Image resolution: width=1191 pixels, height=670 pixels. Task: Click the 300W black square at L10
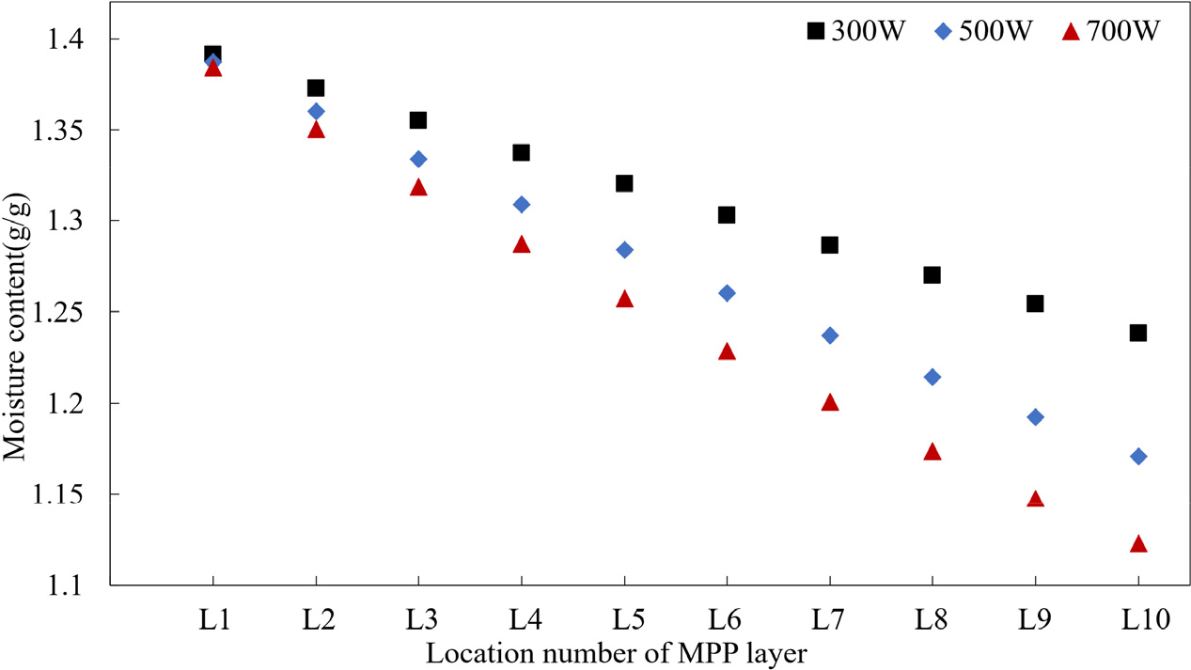point(1137,333)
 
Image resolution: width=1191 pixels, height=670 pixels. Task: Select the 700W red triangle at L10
point(1137,544)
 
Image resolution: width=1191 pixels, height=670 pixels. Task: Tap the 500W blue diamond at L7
point(829,335)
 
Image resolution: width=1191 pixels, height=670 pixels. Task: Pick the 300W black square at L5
point(624,183)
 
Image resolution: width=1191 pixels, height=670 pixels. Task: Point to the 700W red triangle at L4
point(522,245)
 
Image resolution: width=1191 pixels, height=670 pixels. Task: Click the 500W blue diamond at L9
point(1035,417)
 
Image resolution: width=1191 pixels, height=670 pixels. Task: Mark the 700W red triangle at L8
point(932,452)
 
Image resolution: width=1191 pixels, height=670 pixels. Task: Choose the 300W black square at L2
point(316,88)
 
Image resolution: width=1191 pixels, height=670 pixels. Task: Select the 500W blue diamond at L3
point(418,159)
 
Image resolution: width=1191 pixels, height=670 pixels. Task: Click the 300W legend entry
point(856,31)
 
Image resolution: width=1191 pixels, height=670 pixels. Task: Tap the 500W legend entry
point(986,31)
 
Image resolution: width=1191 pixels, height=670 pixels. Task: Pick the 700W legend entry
point(1115,31)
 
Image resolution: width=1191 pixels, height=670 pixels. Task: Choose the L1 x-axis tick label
point(212,619)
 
